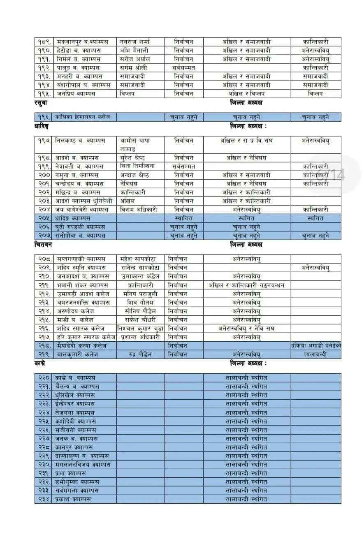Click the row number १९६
(44, 117)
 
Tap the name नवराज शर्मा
(134, 42)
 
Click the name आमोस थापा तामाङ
(135, 145)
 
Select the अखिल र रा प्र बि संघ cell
(246, 141)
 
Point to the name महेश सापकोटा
(139, 259)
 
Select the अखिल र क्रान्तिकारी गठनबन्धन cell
(246, 285)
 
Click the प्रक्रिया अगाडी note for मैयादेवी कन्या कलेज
(315, 346)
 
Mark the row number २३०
(44, 465)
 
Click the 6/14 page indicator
(331, 176)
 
